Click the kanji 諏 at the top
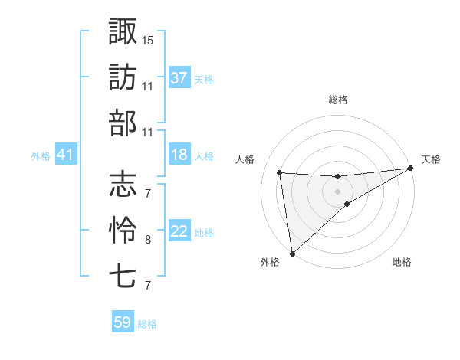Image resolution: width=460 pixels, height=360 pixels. pos(123,32)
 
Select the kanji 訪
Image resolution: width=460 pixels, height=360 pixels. pos(123,77)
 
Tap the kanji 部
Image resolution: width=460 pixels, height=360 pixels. pos(123,122)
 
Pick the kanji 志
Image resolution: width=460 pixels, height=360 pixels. pos(123,184)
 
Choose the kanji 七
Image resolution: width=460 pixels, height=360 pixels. pos(123,275)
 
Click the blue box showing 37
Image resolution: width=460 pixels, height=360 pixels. pos(179,77)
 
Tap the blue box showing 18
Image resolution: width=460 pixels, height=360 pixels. pos(179,155)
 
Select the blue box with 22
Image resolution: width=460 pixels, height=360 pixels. pos(179,231)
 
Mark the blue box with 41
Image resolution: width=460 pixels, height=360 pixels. pos(65,155)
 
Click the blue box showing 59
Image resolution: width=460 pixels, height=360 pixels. pos(123,322)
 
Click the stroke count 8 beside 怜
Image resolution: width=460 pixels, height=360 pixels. pos(147,240)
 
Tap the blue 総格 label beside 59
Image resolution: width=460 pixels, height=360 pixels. pos(147,324)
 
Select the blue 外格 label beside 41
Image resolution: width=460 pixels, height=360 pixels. pos(41,156)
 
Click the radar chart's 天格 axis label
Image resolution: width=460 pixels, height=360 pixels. pos(431,159)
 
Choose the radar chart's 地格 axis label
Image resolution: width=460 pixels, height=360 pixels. pos(402,262)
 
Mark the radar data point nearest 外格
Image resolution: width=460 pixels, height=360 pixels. pos(292,253)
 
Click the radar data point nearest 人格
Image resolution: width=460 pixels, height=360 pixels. pos(280,172)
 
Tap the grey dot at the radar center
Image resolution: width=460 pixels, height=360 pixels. pos(337,191)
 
